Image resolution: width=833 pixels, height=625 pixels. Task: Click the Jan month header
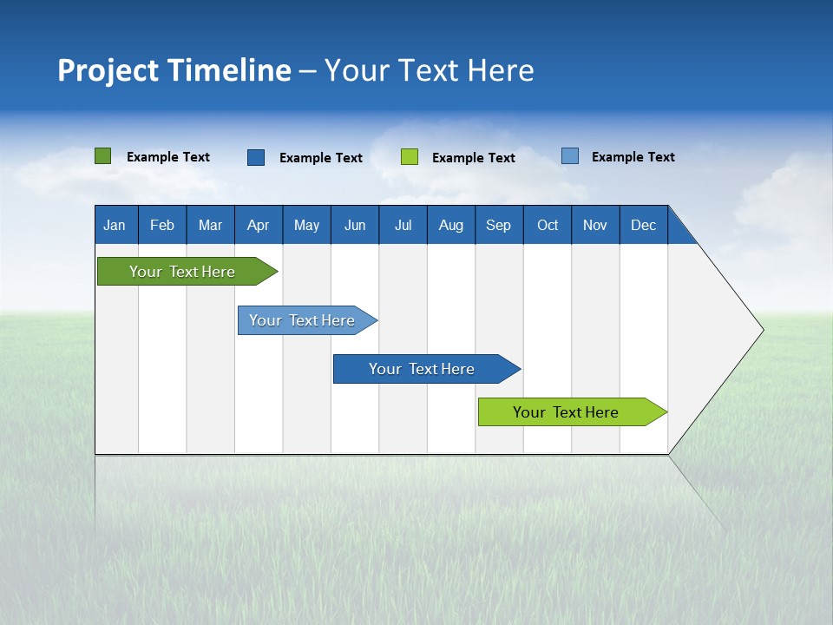click(115, 225)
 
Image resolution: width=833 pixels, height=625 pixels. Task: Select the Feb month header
click(162, 225)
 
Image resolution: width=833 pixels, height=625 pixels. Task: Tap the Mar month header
click(210, 225)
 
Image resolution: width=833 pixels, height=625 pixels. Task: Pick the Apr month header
click(259, 225)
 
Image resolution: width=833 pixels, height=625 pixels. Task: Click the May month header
click(306, 225)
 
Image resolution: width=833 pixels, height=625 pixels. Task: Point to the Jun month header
click(355, 225)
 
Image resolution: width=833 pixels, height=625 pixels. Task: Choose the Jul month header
click(403, 225)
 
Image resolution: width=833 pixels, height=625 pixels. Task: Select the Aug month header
click(451, 225)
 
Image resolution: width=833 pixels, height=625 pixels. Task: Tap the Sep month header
click(499, 225)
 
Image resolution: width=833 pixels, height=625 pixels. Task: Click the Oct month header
click(548, 225)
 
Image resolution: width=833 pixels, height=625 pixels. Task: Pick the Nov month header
click(595, 225)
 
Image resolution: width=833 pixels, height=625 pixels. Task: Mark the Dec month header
click(644, 225)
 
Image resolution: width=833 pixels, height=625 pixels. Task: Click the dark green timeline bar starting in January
click(183, 272)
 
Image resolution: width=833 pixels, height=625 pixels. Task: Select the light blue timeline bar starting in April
click(303, 320)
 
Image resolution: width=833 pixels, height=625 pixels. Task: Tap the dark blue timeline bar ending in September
click(423, 369)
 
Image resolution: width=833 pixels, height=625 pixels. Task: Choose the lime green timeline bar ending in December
click(567, 412)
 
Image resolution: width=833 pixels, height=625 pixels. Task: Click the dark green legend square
click(103, 156)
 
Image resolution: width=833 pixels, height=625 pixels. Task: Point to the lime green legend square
click(410, 157)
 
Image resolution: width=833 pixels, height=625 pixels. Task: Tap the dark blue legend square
click(256, 157)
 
